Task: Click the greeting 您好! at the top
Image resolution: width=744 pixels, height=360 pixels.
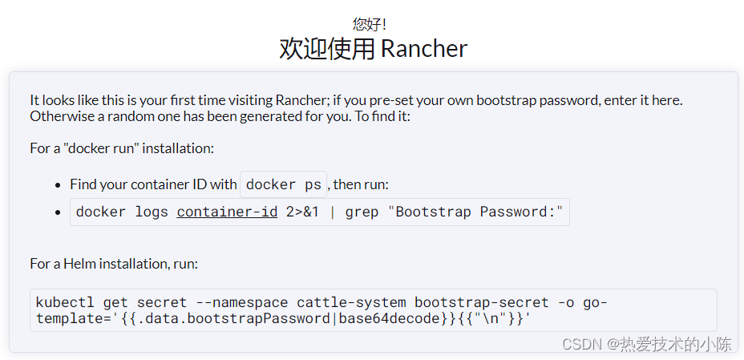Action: coord(370,24)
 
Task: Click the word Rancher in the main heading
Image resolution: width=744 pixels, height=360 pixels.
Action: coord(423,49)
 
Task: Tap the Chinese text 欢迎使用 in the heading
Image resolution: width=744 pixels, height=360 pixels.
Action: coord(326,49)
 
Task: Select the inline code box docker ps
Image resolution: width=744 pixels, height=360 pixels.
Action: coord(283,184)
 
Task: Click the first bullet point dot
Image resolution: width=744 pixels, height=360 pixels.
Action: coord(58,185)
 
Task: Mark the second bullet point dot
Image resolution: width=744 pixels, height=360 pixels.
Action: coord(58,212)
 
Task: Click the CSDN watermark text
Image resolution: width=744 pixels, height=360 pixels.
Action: coord(583,344)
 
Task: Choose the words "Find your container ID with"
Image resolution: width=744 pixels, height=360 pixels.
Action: coord(153,184)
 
